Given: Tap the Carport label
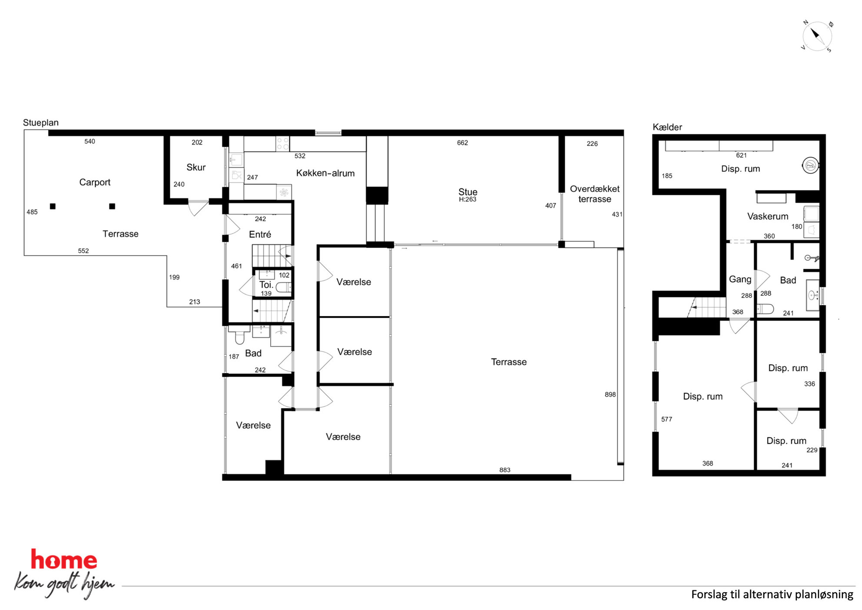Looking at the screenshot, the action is (95, 182).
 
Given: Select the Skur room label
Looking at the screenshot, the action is (196, 167).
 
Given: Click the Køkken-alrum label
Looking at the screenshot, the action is (325, 173).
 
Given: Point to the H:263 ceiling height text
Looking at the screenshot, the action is (467, 200).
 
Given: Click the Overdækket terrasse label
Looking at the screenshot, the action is (595, 194).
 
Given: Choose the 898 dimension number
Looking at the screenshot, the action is (610, 394).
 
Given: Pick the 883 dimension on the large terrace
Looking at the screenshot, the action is (505, 470).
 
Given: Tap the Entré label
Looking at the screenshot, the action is (260, 234).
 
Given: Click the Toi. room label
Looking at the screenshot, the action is (266, 285).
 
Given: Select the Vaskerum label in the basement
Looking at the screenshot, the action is (768, 216).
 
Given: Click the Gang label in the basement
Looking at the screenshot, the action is (740, 280).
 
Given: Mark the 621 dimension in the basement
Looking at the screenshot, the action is (741, 155).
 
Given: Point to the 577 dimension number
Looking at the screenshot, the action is (666, 419).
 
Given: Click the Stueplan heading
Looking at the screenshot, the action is (41, 123).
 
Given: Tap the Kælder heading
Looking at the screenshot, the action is (667, 127).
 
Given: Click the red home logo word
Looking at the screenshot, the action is (64, 560).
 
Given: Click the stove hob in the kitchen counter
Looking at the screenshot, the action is (283, 144).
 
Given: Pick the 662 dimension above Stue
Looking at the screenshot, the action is (462, 143).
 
